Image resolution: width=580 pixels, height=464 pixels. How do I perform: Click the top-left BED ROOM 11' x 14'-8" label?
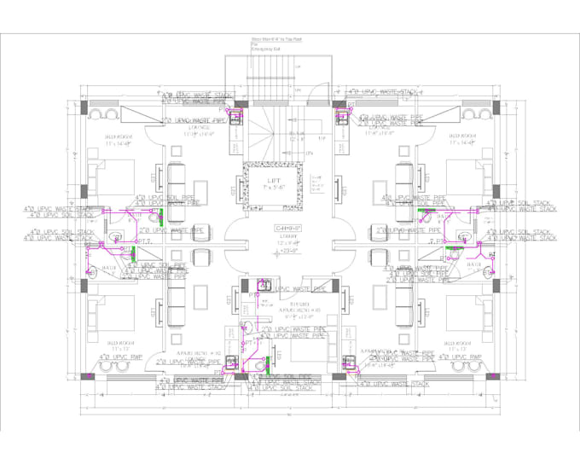click(x=119, y=141)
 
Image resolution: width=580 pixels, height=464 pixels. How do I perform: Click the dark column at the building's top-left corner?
click(x=84, y=108)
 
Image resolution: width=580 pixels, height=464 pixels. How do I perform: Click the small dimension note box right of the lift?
click(x=316, y=184)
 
